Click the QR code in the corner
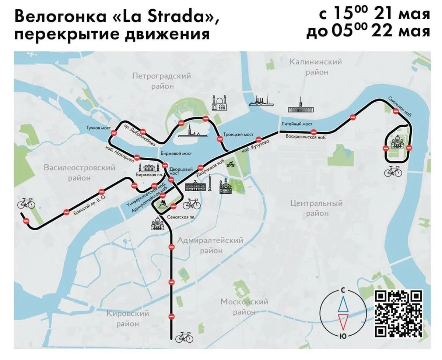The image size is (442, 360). click(x=399, y=314)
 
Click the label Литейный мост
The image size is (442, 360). click(x=297, y=124)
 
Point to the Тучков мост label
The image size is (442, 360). click(x=98, y=128)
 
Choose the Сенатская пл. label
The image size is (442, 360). click(x=181, y=217)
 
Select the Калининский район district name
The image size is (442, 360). click(x=316, y=67)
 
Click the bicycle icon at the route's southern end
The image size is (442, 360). click(x=184, y=337)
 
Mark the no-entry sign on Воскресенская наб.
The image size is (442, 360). click(x=313, y=132)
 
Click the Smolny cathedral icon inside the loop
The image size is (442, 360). click(x=397, y=142)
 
